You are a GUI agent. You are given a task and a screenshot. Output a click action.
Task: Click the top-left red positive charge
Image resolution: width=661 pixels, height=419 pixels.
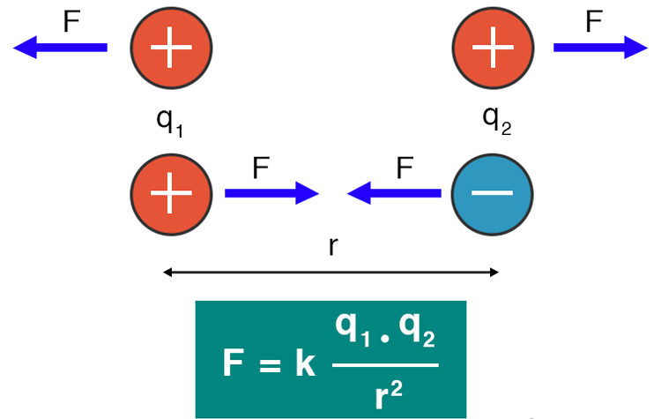[x=172, y=45]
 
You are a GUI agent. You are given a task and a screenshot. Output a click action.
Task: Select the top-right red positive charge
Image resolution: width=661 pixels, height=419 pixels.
[x=494, y=45]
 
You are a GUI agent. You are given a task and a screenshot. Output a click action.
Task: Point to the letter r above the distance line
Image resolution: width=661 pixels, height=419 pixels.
[x=331, y=246]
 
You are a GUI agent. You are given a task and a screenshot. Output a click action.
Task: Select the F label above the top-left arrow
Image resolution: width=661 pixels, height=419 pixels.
[x=71, y=21]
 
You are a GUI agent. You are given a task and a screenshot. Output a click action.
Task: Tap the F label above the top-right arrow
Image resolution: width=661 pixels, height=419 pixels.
[x=593, y=21]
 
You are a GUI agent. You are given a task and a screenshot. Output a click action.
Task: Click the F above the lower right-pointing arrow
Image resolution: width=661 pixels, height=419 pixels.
[x=261, y=168]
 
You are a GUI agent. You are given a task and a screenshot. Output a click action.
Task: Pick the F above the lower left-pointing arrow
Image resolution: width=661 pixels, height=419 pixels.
[x=405, y=168]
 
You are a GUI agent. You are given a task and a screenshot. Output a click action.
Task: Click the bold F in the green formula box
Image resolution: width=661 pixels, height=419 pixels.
[x=234, y=363]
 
